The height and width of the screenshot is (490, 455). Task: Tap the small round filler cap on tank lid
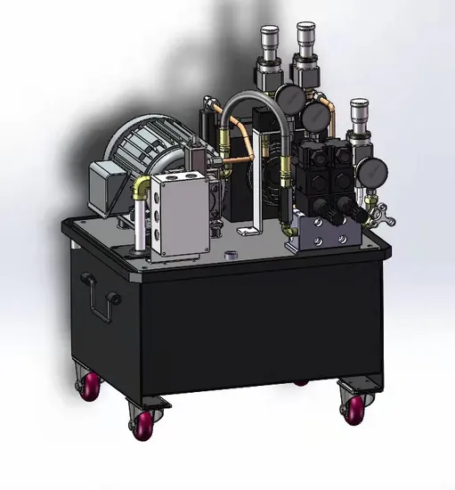click(232, 257)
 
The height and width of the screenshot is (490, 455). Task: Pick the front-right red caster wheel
click(353, 406)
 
